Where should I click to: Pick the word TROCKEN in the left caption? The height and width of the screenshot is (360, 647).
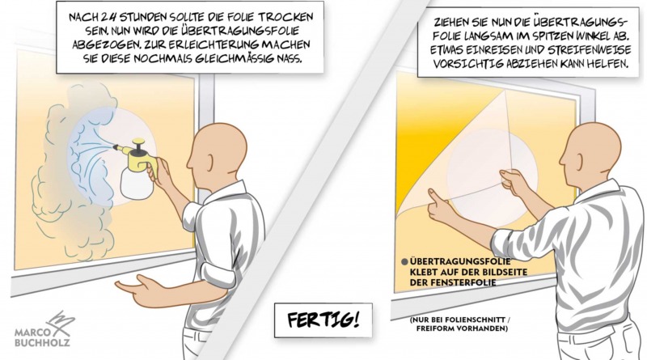pos(266,19)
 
